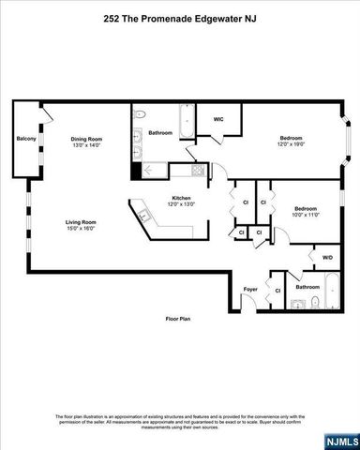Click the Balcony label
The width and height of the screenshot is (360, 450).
point(26,140)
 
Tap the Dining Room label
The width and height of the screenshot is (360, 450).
point(85,140)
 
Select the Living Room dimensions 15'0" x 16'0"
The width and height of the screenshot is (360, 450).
point(81,229)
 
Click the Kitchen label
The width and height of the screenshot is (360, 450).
point(181,197)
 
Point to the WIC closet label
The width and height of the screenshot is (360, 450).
point(217,119)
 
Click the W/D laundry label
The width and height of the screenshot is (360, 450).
point(326,257)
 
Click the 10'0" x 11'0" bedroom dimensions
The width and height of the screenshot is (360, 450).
point(306,216)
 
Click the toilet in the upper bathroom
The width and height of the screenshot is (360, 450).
point(140,115)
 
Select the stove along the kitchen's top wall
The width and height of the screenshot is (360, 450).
point(198,171)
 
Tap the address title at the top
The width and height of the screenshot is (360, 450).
point(179,19)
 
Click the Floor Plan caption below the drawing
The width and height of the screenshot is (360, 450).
point(179,320)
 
